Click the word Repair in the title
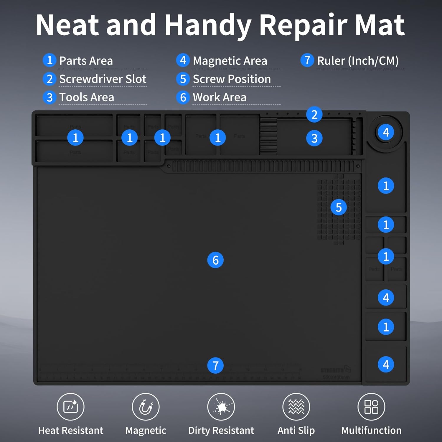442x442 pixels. (304, 26)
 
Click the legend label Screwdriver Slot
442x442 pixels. (103, 79)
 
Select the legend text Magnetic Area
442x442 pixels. (230, 61)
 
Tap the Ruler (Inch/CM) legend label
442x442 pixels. (358, 61)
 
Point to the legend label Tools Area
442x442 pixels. (87, 97)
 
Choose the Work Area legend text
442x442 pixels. (220, 97)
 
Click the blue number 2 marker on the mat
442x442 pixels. (314, 115)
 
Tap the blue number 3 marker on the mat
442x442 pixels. (314, 138)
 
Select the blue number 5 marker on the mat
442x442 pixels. (339, 207)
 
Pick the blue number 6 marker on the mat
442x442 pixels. (215, 260)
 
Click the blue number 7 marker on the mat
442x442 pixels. (215, 365)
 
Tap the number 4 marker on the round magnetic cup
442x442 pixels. (386, 132)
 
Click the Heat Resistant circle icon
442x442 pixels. (70, 407)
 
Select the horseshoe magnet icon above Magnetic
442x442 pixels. (146, 407)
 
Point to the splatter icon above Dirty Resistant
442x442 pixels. (221, 407)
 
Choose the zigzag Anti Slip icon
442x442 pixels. (296, 407)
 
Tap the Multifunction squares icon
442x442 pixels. (371, 407)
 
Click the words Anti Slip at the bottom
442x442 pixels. (296, 431)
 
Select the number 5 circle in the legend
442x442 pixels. (183, 79)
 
